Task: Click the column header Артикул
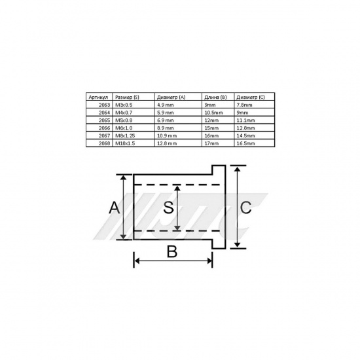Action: click(98, 97)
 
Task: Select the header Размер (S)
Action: click(127, 97)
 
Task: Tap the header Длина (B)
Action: click(215, 97)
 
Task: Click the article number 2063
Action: click(104, 105)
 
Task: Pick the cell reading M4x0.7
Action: click(124, 113)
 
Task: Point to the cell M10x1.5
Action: click(125, 143)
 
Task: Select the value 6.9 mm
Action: click(166, 120)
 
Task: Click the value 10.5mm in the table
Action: click(213, 113)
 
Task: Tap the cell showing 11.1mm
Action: click(245, 120)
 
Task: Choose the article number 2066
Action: click(104, 128)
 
